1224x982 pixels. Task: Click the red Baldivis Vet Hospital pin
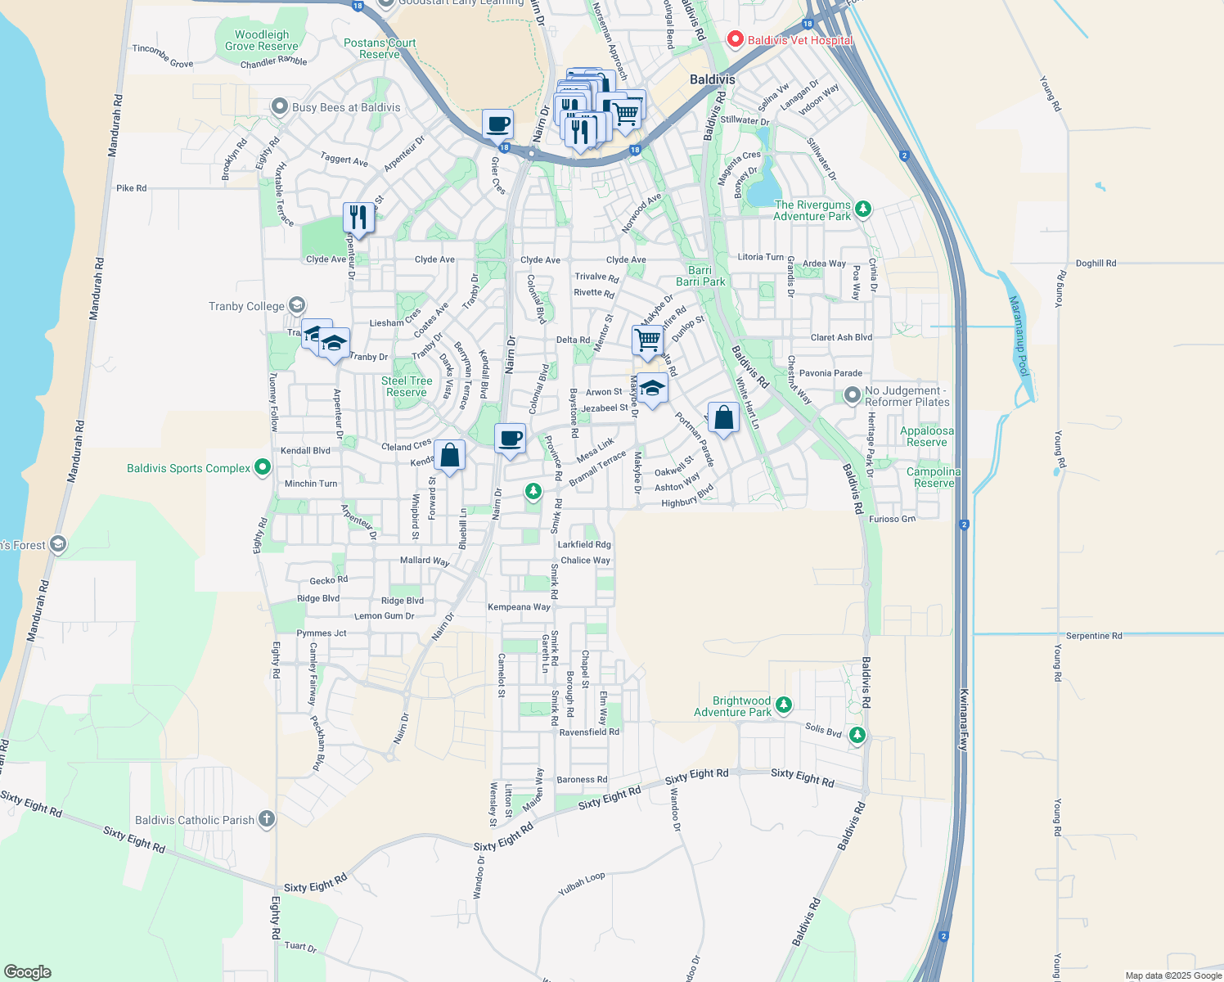point(735,39)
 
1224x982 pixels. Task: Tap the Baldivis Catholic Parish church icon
point(266,819)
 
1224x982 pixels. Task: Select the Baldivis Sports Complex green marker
point(262,468)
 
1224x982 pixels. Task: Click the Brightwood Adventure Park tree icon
point(783,705)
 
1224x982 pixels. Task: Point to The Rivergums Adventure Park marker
point(862,209)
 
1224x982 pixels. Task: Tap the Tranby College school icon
point(296,306)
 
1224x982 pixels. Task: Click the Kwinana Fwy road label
point(964,720)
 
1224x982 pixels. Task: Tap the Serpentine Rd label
point(1093,636)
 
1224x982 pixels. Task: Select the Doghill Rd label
point(1096,264)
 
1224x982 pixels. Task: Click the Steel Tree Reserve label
point(407,386)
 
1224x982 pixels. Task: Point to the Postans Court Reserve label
point(380,48)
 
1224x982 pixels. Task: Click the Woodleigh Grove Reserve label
point(262,40)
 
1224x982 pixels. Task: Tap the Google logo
point(28,972)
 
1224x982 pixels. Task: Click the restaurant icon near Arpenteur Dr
point(358,218)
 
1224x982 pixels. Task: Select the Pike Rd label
point(131,188)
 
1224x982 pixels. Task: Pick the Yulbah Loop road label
point(581,884)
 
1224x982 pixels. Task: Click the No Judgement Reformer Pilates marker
point(853,396)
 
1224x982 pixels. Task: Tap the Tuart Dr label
point(300,947)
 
